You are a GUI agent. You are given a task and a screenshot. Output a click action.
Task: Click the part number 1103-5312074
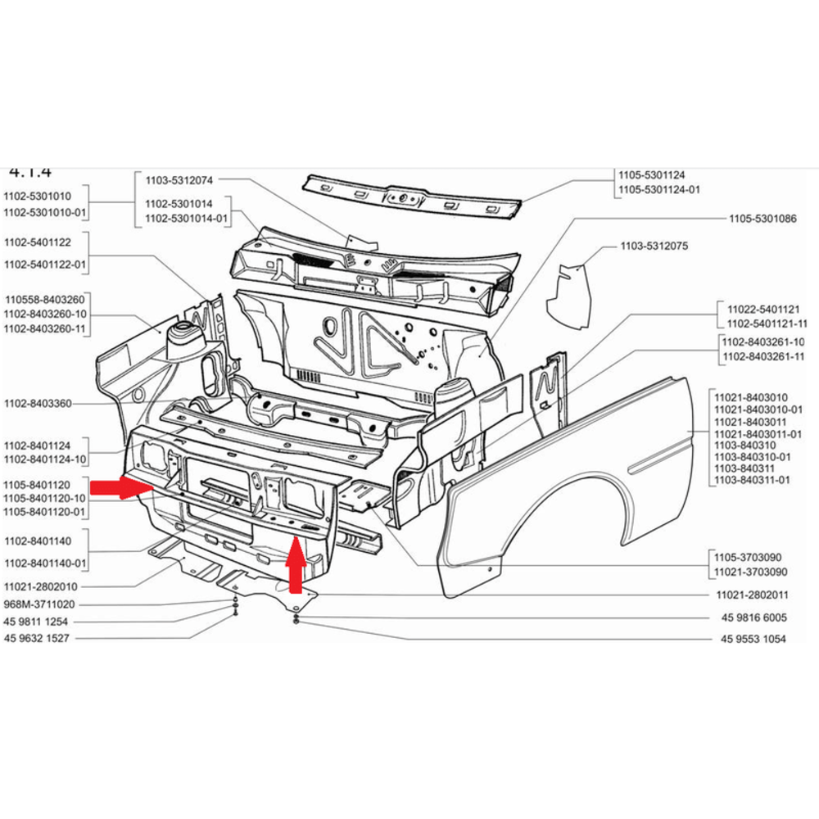179,179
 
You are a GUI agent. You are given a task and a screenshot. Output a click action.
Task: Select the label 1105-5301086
762,219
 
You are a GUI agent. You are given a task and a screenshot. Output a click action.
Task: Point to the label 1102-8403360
38,403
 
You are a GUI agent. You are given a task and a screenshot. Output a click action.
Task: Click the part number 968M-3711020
40,604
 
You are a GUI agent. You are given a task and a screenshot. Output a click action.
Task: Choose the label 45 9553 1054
753,639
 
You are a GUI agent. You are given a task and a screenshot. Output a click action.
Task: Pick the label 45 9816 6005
753,618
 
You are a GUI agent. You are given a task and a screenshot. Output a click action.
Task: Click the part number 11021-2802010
40,586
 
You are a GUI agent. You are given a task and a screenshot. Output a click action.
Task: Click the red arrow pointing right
120,489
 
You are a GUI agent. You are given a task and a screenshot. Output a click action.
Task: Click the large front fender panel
573,483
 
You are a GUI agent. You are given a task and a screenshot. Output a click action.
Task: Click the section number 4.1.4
29,172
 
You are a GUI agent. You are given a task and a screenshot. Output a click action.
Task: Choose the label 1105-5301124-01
659,190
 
